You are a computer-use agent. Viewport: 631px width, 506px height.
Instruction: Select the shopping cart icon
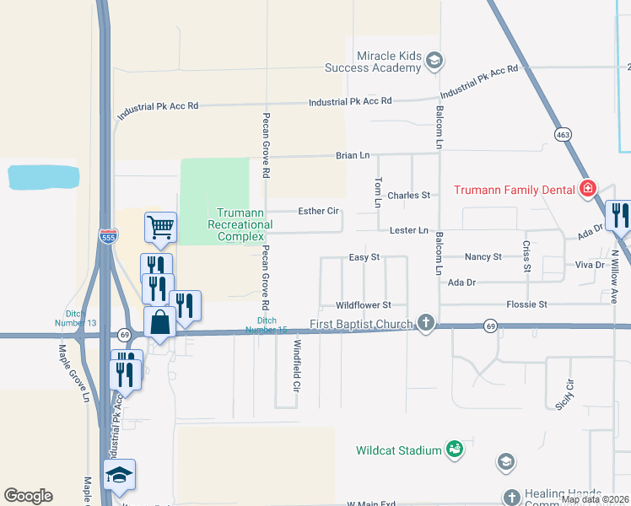click(x=160, y=226)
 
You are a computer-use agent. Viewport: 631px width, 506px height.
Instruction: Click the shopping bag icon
click(x=159, y=321)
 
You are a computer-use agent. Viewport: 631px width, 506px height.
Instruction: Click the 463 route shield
click(x=563, y=134)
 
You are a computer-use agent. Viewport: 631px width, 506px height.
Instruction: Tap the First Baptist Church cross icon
click(x=427, y=323)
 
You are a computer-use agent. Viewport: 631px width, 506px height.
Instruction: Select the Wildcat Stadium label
click(x=398, y=450)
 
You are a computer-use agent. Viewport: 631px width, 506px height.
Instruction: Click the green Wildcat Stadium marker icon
click(x=454, y=449)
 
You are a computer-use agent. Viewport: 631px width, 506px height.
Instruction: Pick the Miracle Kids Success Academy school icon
click(x=434, y=61)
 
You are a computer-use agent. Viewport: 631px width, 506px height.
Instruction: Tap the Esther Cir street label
click(x=318, y=211)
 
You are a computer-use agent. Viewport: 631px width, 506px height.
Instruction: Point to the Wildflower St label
click(x=364, y=304)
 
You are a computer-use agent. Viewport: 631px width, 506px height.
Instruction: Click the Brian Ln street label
click(x=353, y=156)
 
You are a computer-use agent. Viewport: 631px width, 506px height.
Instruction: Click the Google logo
click(x=28, y=496)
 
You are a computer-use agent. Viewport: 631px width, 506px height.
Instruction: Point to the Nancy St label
click(x=483, y=256)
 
